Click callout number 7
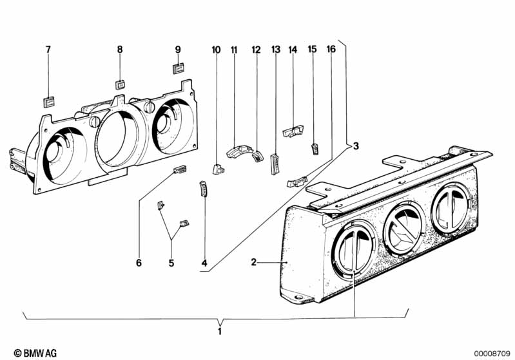(x=48, y=50)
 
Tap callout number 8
(x=120, y=50)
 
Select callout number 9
(x=178, y=50)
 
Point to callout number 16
(x=331, y=49)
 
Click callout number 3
(x=356, y=146)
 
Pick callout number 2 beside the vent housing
(x=253, y=262)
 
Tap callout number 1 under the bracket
(x=220, y=332)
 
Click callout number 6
(x=139, y=263)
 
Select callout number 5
(x=171, y=263)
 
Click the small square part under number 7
(x=49, y=102)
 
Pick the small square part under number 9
(x=179, y=69)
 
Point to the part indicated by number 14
(x=293, y=131)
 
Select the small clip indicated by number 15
(x=315, y=149)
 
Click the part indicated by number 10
(x=218, y=169)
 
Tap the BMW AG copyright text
(x=35, y=353)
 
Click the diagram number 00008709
(x=492, y=354)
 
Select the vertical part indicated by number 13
(x=275, y=164)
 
